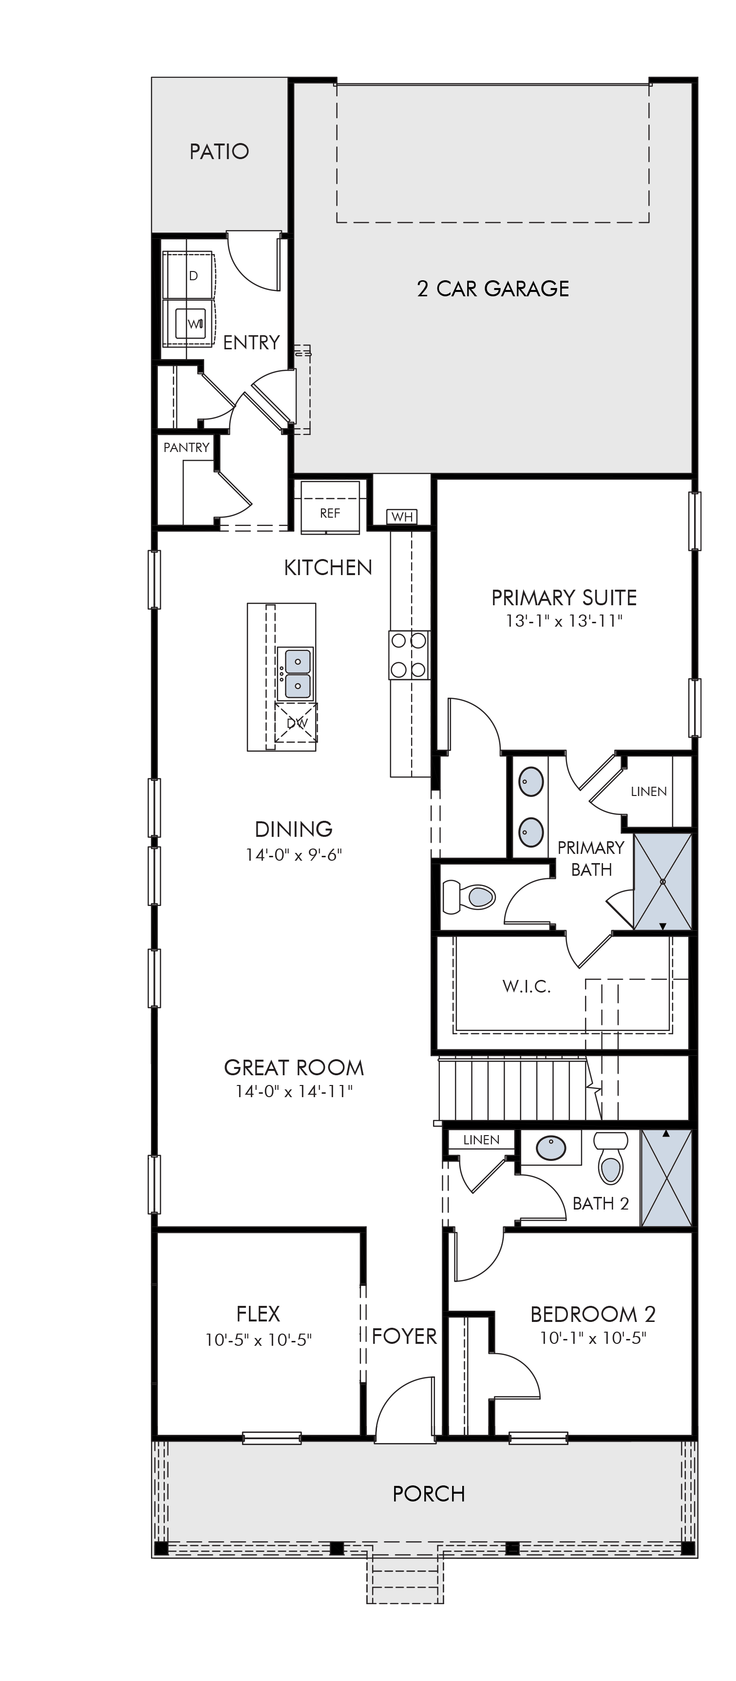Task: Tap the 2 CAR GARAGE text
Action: tap(493, 289)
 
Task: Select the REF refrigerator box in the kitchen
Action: tap(330, 507)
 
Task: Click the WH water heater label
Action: tap(402, 517)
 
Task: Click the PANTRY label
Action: tap(186, 447)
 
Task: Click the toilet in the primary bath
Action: tap(468, 896)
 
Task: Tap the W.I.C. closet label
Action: tap(527, 986)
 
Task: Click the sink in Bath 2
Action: tap(551, 1149)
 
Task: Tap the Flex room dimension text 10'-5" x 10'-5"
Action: tap(259, 1340)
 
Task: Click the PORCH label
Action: tap(429, 1494)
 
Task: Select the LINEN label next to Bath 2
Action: tap(481, 1139)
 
